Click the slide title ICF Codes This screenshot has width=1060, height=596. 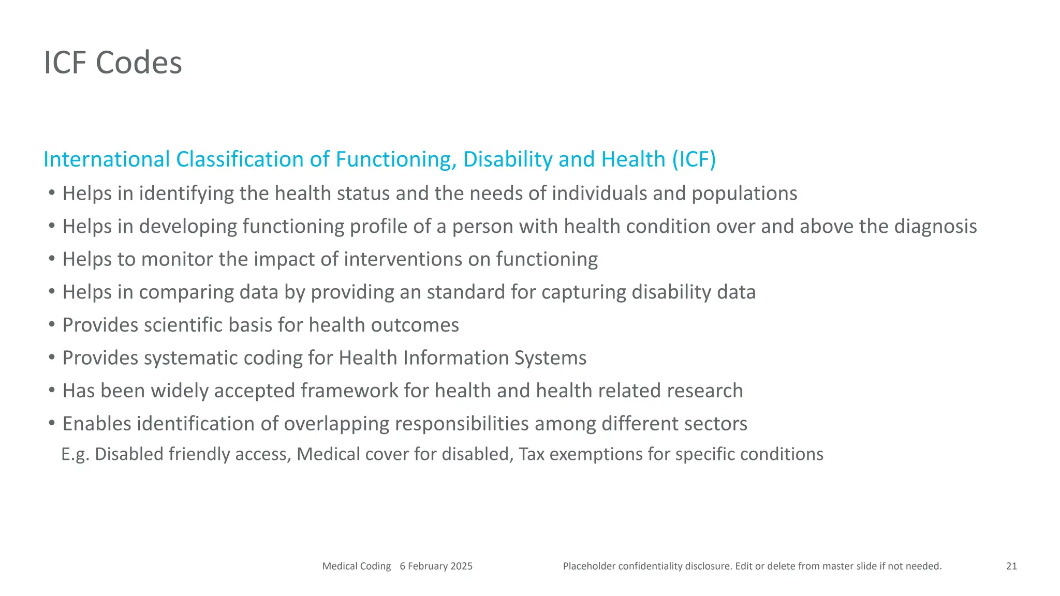tap(113, 63)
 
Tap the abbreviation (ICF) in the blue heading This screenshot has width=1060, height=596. tap(694, 159)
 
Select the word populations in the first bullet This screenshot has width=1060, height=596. tap(744, 194)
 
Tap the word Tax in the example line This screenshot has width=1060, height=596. tap(531, 454)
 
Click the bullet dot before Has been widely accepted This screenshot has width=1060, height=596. tap(52, 390)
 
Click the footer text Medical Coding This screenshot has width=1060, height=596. tap(356, 566)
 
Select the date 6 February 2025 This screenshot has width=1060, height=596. tap(436, 566)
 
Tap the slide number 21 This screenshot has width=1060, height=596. tap(1011, 566)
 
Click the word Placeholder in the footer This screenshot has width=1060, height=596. tap(589, 566)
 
